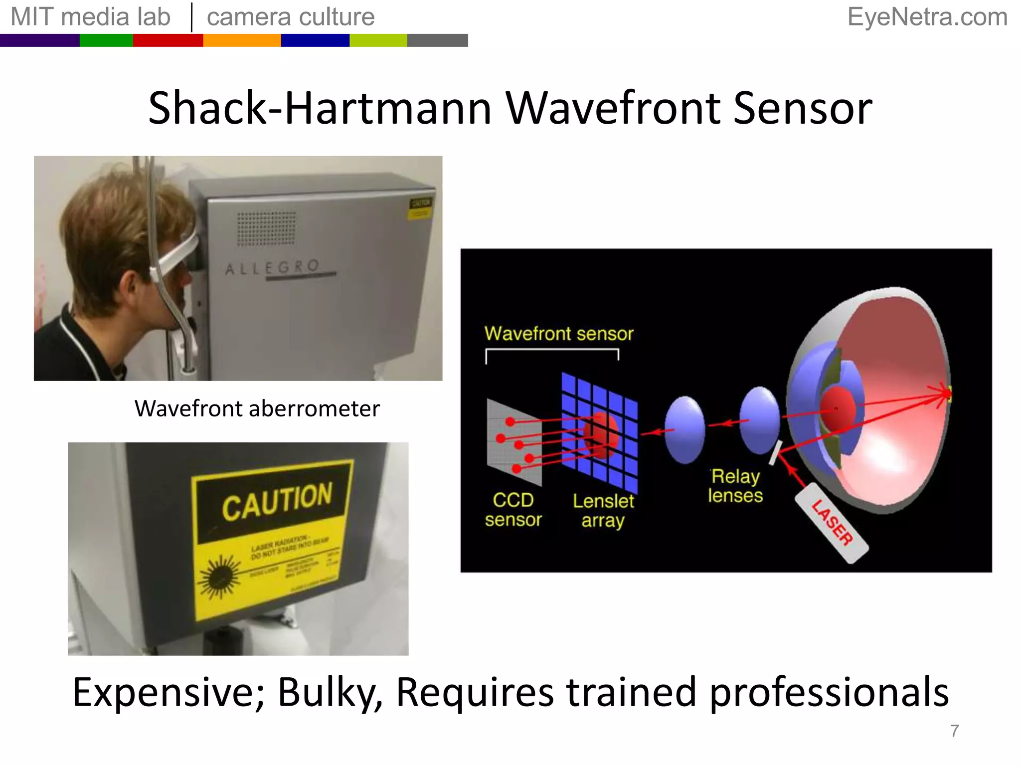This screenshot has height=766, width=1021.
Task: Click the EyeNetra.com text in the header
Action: (927, 17)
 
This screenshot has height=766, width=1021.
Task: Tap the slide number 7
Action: (954, 731)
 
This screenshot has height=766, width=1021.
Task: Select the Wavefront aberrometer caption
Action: (257, 409)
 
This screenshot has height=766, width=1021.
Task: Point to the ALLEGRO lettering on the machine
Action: (272, 268)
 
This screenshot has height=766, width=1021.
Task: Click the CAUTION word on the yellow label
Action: (277, 501)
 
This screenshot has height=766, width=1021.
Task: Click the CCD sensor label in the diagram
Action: (513, 510)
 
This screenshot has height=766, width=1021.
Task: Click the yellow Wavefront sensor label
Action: (558, 334)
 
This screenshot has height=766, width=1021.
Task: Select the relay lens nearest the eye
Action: (759, 420)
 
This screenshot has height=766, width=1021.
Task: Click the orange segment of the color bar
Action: (242, 40)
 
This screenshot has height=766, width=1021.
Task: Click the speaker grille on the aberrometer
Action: (266, 229)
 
